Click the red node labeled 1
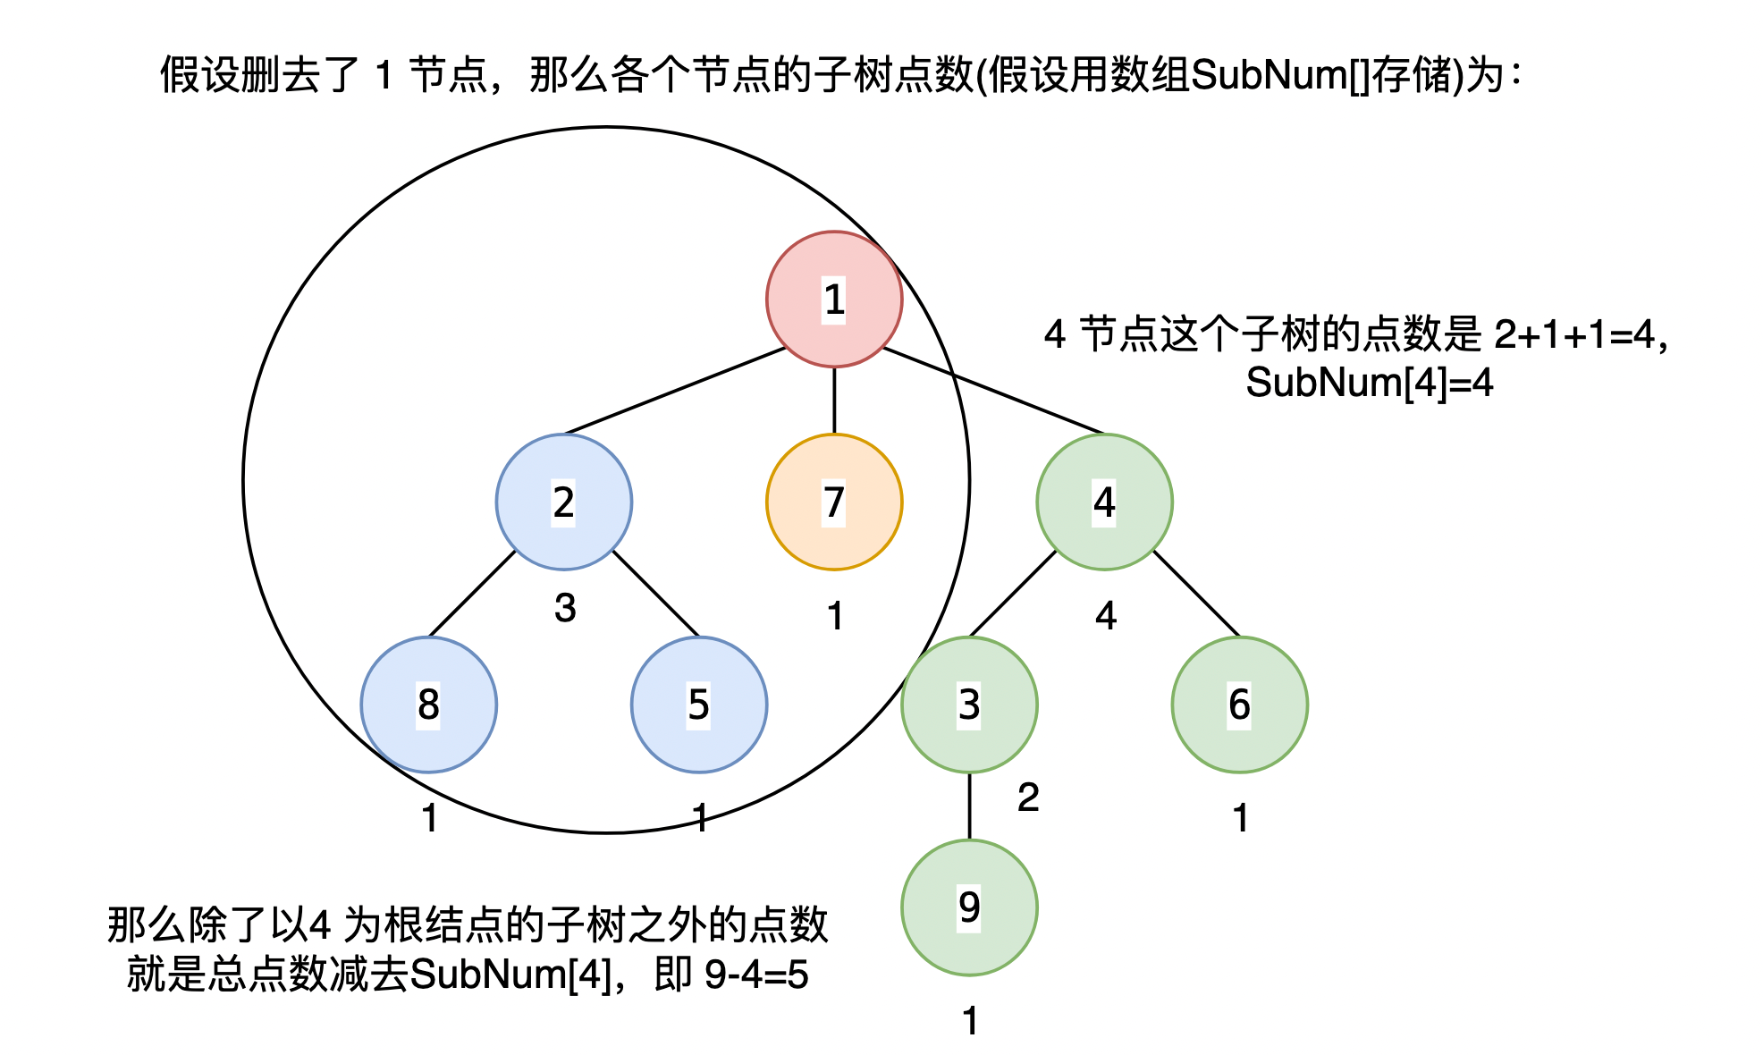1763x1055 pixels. coord(834,299)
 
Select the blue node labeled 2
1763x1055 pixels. coord(563,502)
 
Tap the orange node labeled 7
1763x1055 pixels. coord(834,502)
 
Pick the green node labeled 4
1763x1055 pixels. coord(1104,502)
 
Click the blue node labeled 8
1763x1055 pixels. coord(428,705)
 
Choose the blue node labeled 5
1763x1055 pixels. coord(698,705)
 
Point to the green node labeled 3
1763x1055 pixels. coord(969,705)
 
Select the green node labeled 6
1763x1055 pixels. coord(1239,705)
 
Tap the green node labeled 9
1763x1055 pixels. coord(969,907)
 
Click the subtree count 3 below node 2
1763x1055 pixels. coord(565,608)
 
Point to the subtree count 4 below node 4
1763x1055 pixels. coord(1106,616)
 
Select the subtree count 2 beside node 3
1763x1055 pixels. coord(1028,797)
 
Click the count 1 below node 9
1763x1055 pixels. coord(971,1021)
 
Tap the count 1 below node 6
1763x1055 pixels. coord(1240,818)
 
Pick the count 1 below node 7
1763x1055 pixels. coord(835,616)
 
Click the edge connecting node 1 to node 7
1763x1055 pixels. coord(834,401)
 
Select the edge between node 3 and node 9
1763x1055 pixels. coord(969,806)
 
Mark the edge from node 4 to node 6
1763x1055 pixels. coord(1195,593)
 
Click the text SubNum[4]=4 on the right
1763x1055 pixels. coord(1370,383)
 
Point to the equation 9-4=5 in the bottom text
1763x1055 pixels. coord(756,975)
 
